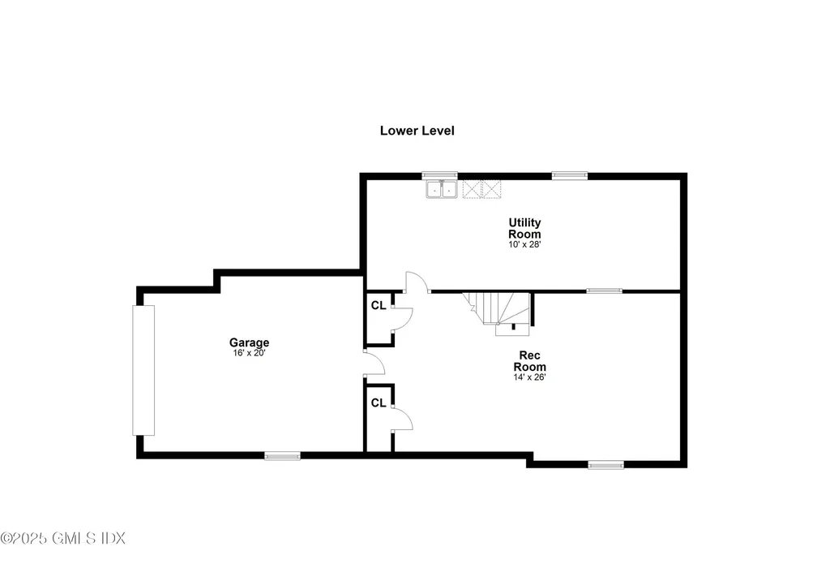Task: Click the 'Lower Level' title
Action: (417, 130)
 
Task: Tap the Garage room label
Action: (249, 342)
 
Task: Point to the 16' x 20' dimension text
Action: (249, 353)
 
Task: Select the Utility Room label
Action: (524, 228)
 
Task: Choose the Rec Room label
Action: (530, 360)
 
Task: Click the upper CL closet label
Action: (378, 306)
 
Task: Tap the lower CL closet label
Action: (378, 403)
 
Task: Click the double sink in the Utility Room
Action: (443, 190)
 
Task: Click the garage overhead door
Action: (143, 370)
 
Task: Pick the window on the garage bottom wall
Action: (282, 456)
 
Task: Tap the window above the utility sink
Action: (440, 174)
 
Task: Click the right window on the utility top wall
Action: (570, 174)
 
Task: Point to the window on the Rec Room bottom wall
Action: (605, 465)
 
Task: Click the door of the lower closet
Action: (403, 417)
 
